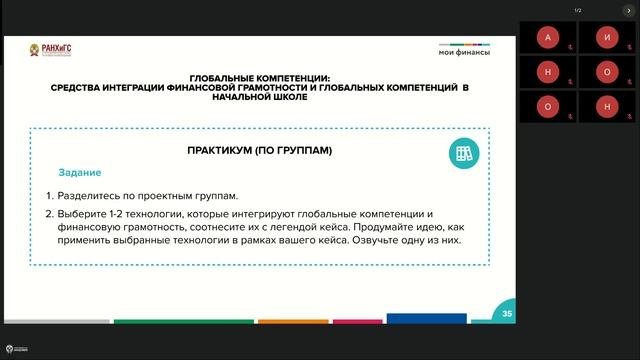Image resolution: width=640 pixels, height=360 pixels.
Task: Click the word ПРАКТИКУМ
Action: [x=221, y=151]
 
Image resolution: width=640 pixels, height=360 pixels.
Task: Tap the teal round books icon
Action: [x=463, y=153]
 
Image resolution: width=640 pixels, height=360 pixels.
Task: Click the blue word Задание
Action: [x=79, y=173]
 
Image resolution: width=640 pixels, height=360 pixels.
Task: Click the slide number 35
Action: [x=507, y=314]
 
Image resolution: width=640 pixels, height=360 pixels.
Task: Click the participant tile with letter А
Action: [x=546, y=37]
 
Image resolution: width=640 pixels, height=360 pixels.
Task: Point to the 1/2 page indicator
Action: [x=577, y=10]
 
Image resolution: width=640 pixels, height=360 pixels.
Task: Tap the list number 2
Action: [x=48, y=215]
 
